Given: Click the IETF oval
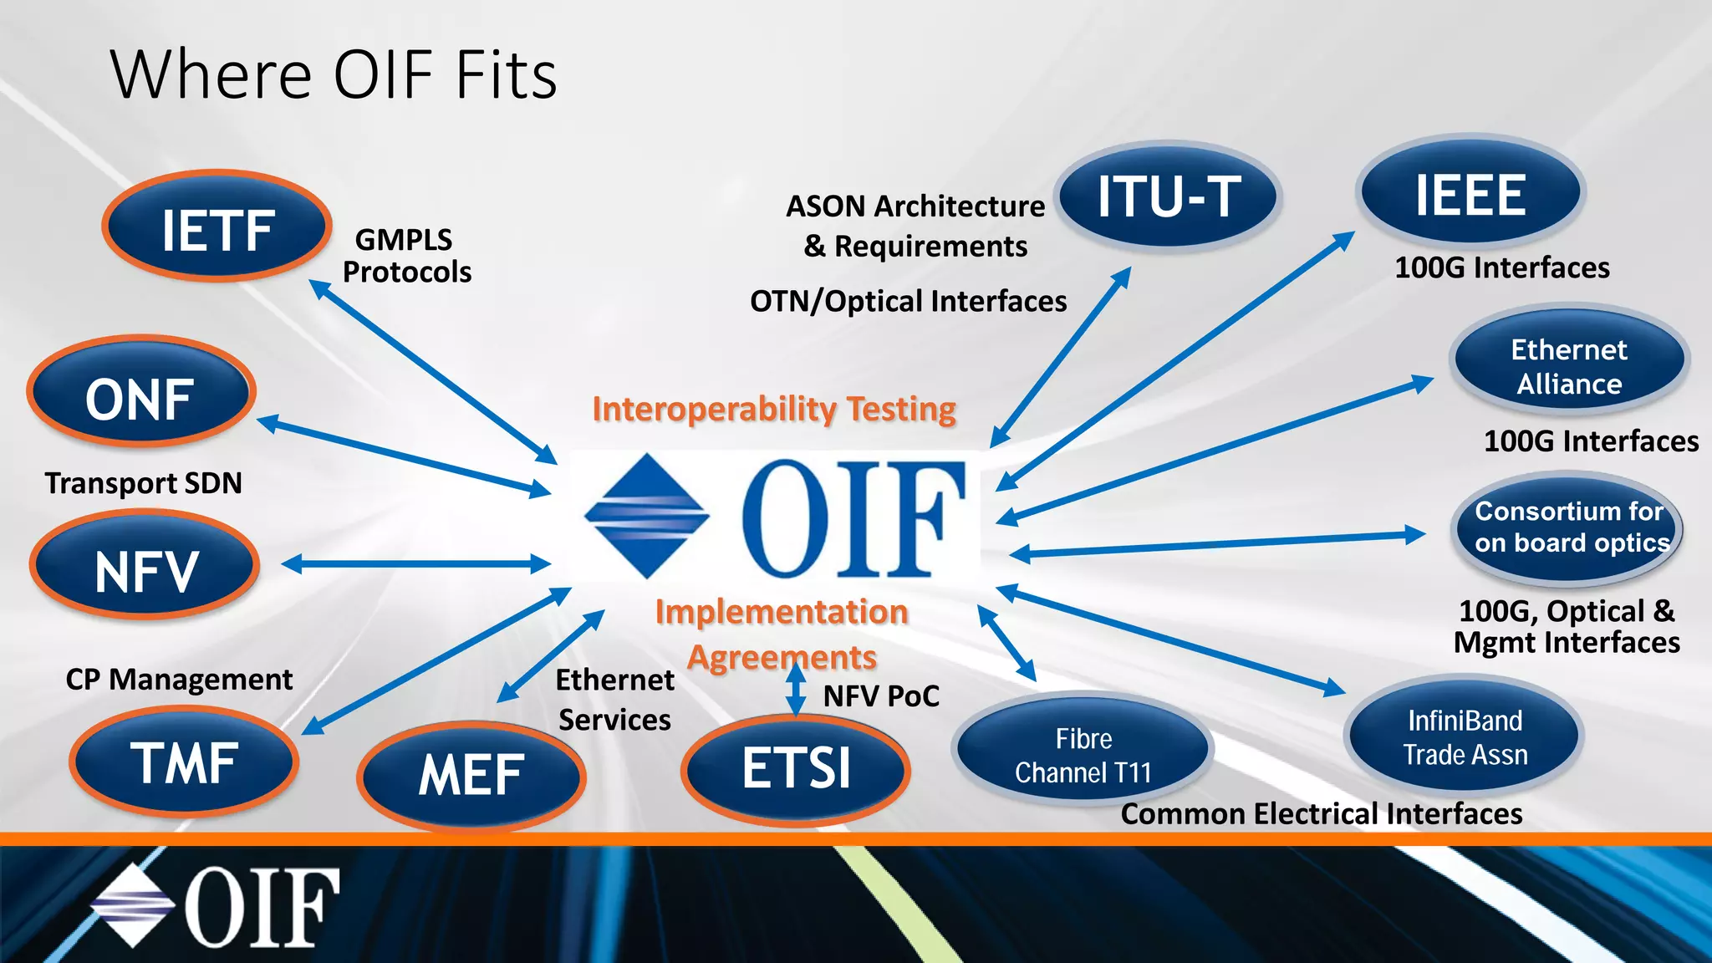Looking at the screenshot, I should pyautogui.click(x=217, y=227).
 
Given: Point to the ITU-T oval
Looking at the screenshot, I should pyautogui.click(x=1168, y=197).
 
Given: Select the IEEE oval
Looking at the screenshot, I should pyautogui.click(x=1470, y=194).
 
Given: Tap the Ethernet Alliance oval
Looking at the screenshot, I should pyautogui.click(x=1569, y=366).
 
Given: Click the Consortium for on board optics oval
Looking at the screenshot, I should pyautogui.click(x=1569, y=527).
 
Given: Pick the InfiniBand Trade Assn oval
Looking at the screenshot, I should pyautogui.click(x=1465, y=736).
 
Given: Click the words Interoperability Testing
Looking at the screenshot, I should pyautogui.click(x=774, y=410).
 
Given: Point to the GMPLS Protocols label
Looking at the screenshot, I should pyautogui.click(x=406, y=256).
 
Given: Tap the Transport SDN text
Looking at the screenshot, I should pyautogui.click(x=144, y=483).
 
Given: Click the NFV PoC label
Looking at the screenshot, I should pyautogui.click(x=881, y=695).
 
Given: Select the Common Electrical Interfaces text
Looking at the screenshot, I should pyautogui.click(x=1321, y=813).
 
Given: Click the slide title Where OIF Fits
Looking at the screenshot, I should pyautogui.click(x=334, y=75).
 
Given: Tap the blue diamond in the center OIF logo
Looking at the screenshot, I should pyautogui.click(x=646, y=515).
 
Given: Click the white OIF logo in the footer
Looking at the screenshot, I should pyautogui.click(x=216, y=906).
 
